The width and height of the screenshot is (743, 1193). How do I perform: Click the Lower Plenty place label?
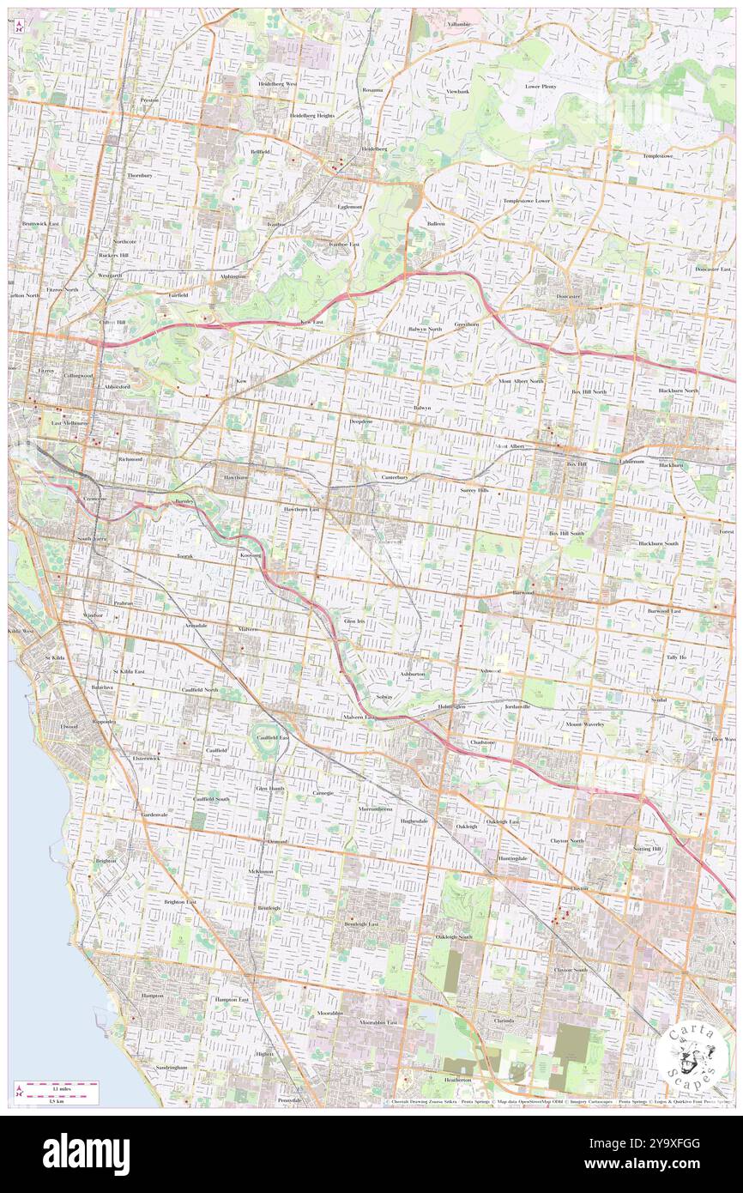541,87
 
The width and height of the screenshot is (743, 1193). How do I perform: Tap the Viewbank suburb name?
457,91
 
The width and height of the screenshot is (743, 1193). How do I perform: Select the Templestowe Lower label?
527,201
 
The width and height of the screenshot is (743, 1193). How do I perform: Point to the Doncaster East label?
713,269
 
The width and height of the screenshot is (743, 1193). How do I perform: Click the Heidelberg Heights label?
311,115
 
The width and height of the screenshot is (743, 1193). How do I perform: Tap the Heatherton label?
457,1079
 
